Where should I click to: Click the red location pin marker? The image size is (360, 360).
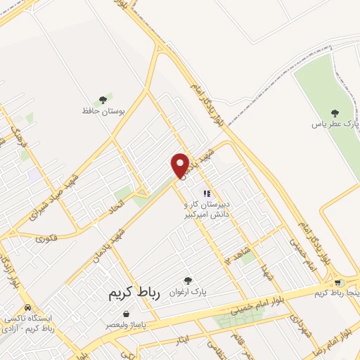click(181, 165)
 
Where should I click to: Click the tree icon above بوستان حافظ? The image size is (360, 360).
click(103, 100)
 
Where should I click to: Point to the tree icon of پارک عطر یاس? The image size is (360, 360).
click(335, 113)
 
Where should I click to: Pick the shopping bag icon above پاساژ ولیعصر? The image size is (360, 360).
click(126, 314)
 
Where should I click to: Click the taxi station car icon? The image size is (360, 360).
click(27, 307)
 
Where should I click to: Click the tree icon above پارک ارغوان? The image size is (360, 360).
click(188, 281)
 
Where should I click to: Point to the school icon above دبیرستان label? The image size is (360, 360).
click(207, 193)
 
